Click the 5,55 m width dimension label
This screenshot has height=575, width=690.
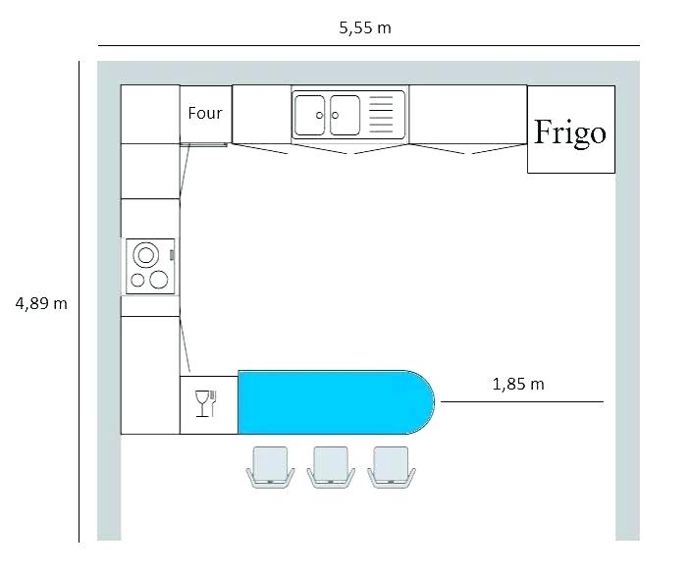[x=364, y=27]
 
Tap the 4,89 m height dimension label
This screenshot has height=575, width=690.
[x=41, y=303]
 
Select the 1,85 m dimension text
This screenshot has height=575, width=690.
[x=517, y=384]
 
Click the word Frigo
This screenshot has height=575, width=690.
[x=569, y=131]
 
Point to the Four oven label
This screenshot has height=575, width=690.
[x=205, y=113]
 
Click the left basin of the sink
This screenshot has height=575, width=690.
[x=311, y=115]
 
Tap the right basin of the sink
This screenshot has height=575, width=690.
[x=345, y=115]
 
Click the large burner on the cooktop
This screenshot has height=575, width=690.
[x=146, y=255]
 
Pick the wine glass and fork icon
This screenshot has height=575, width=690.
[x=206, y=402]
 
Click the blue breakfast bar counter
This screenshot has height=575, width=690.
[x=324, y=401]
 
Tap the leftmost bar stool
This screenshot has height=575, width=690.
[x=270, y=465]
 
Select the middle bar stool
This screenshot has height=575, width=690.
[x=331, y=465]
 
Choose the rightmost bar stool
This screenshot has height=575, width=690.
[x=390, y=465]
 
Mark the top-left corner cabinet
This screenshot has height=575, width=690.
[x=150, y=114]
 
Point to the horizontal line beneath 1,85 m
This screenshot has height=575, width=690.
[x=521, y=401]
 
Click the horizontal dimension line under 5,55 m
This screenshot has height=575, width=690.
[x=368, y=45]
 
